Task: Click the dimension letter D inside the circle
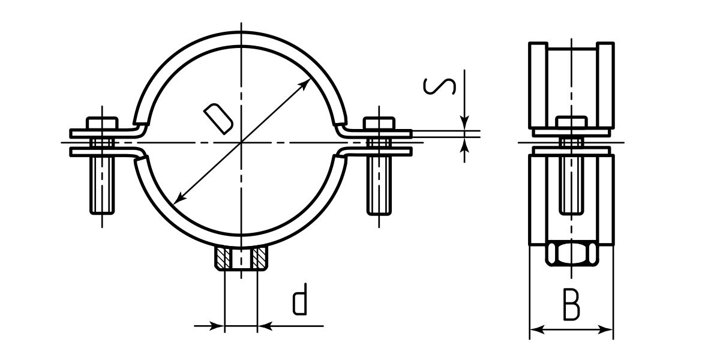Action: point(217,117)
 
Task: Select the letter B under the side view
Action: point(571,304)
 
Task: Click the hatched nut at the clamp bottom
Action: point(241,259)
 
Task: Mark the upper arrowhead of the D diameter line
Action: point(307,83)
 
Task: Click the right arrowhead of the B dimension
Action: point(608,329)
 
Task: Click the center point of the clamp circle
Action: point(241,143)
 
